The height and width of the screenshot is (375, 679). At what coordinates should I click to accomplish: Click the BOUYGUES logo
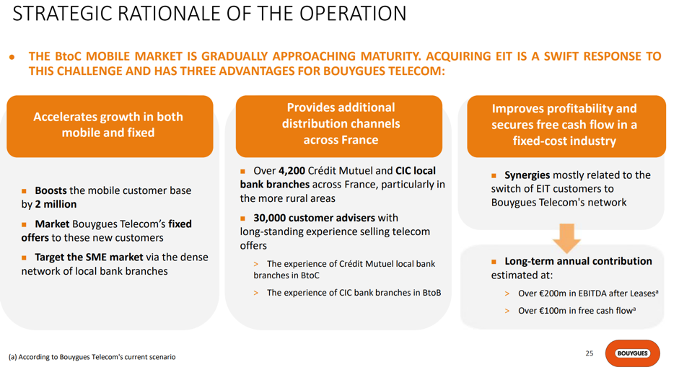click(633, 353)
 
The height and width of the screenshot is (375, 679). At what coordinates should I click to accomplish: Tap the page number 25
click(590, 353)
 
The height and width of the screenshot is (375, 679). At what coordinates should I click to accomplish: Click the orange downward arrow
click(566, 238)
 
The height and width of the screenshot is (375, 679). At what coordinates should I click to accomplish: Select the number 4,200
click(292, 171)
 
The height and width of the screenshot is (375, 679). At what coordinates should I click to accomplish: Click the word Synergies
click(527, 175)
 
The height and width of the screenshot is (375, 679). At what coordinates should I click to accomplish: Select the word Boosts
click(51, 190)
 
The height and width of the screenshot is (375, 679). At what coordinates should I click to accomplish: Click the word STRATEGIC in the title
click(62, 14)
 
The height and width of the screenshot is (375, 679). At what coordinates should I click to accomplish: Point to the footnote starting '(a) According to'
click(92, 357)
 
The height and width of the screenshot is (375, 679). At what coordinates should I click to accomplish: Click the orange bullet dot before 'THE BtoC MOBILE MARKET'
click(12, 57)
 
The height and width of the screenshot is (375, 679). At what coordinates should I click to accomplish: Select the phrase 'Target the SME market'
click(89, 257)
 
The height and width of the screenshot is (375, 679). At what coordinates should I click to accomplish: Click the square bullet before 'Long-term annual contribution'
click(494, 262)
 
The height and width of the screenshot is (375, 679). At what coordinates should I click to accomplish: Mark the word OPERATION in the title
click(353, 14)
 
